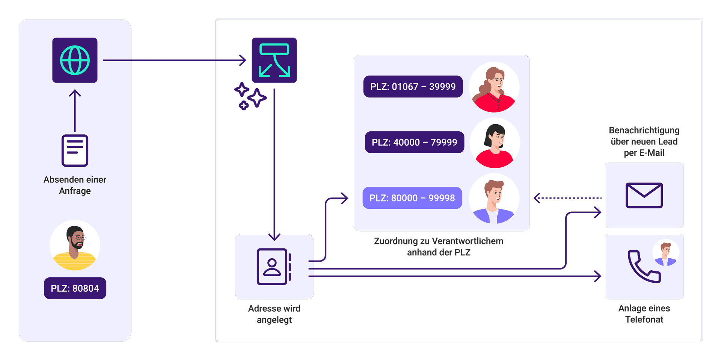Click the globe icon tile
click(75, 60)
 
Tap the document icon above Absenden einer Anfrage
click(75, 151)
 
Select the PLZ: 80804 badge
click(75, 288)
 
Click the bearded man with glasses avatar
click(75, 245)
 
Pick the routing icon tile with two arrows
click(274, 60)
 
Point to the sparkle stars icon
click(250, 96)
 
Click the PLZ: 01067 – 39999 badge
click(413, 87)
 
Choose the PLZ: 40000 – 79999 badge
click(415, 142)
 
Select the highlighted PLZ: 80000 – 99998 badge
click(412, 198)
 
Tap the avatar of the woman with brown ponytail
click(494, 87)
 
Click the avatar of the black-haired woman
click(495, 143)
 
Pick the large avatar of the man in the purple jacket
click(494, 199)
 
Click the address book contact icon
click(274, 267)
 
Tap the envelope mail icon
click(644, 195)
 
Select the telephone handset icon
click(644, 267)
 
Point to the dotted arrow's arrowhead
click(537, 198)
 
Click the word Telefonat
click(644, 319)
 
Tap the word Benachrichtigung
click(644, 131)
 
